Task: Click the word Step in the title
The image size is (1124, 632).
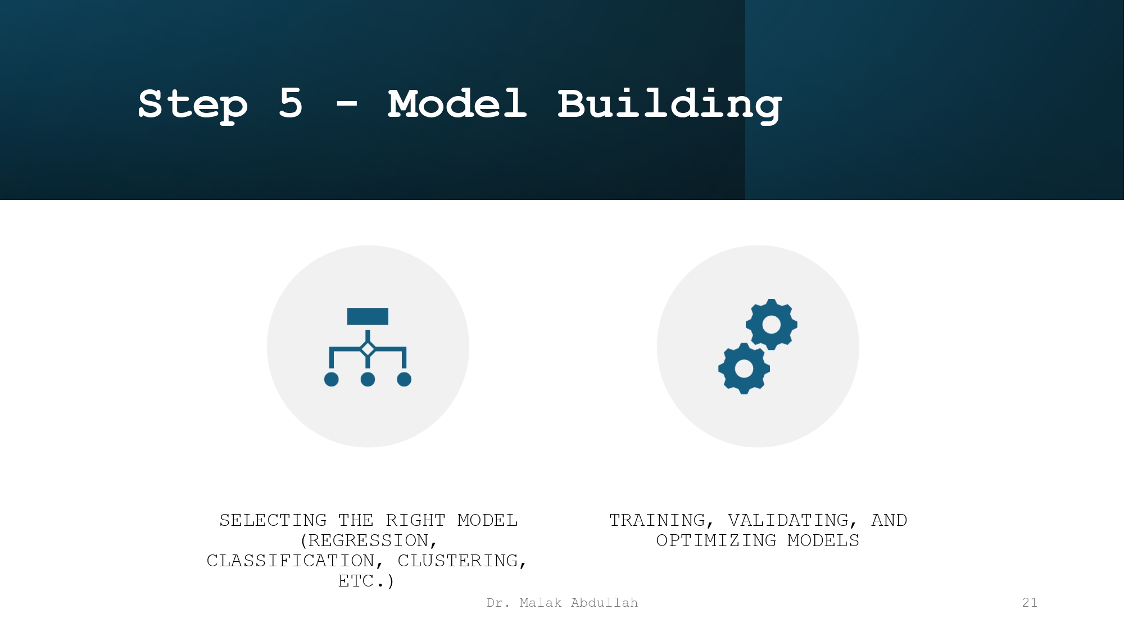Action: (193, 104)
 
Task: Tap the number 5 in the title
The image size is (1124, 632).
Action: (291, 103)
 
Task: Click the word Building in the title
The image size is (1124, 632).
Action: (669, 104)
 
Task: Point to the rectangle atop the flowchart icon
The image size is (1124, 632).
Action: (368, 316)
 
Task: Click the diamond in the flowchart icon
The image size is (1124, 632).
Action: (368, 349)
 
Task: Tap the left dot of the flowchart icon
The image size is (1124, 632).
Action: (332, 380)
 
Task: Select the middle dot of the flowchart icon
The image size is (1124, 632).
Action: (368, 380)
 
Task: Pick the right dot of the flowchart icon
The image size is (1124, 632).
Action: (404, 380)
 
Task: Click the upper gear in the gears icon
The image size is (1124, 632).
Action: (771, 325)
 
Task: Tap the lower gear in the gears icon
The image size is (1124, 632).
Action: (744, 369)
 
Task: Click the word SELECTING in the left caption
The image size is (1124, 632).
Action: (273, 520)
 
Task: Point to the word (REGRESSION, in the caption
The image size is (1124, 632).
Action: (369, 540)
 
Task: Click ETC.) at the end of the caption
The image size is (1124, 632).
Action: (366, 581)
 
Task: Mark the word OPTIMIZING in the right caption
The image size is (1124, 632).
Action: (716, 540)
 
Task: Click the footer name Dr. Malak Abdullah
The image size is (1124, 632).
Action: (562, 603)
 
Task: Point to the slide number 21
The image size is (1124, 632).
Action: (1030, 603)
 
